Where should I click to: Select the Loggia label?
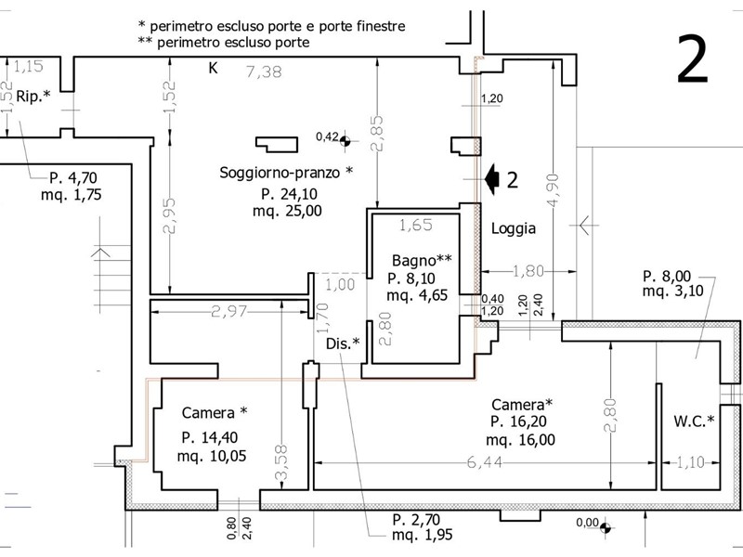point(514,228)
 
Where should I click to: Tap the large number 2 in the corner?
point(692,59)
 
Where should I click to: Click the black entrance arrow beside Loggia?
point(492,179)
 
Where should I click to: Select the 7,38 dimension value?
point(264,72)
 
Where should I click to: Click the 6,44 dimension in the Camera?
point(484,461)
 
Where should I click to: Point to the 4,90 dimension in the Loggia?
point(554,190)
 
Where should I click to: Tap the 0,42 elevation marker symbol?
point(345,141)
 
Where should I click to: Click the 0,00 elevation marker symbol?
point(606,526)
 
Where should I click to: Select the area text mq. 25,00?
point(287,211)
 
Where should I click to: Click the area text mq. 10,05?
point(212,456)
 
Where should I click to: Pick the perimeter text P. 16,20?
point(519,421)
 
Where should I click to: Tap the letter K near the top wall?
point(214,68)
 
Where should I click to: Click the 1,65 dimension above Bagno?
point(416,225)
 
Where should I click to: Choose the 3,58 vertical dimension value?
point(281,461)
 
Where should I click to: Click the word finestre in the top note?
point(383,26)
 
